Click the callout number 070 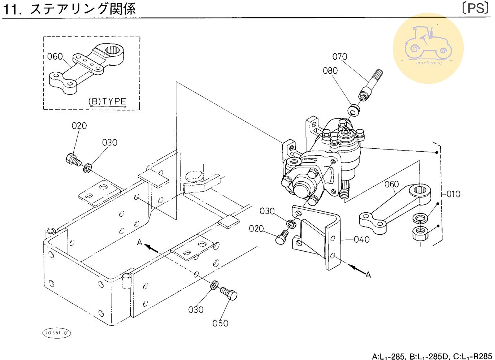click(x=340, y=57)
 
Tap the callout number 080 click(x=330, y=71)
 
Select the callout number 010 click(x=453, y=194)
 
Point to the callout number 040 click(x=361, y=239)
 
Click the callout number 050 click(x=220, y=323)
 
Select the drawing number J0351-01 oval click(x=57, y=333)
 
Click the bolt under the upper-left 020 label click(x=73, y=159)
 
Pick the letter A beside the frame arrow click(x=140, y=242)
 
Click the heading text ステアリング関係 click(x=83, y=9)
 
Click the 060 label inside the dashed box click(x=55, y=57)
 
